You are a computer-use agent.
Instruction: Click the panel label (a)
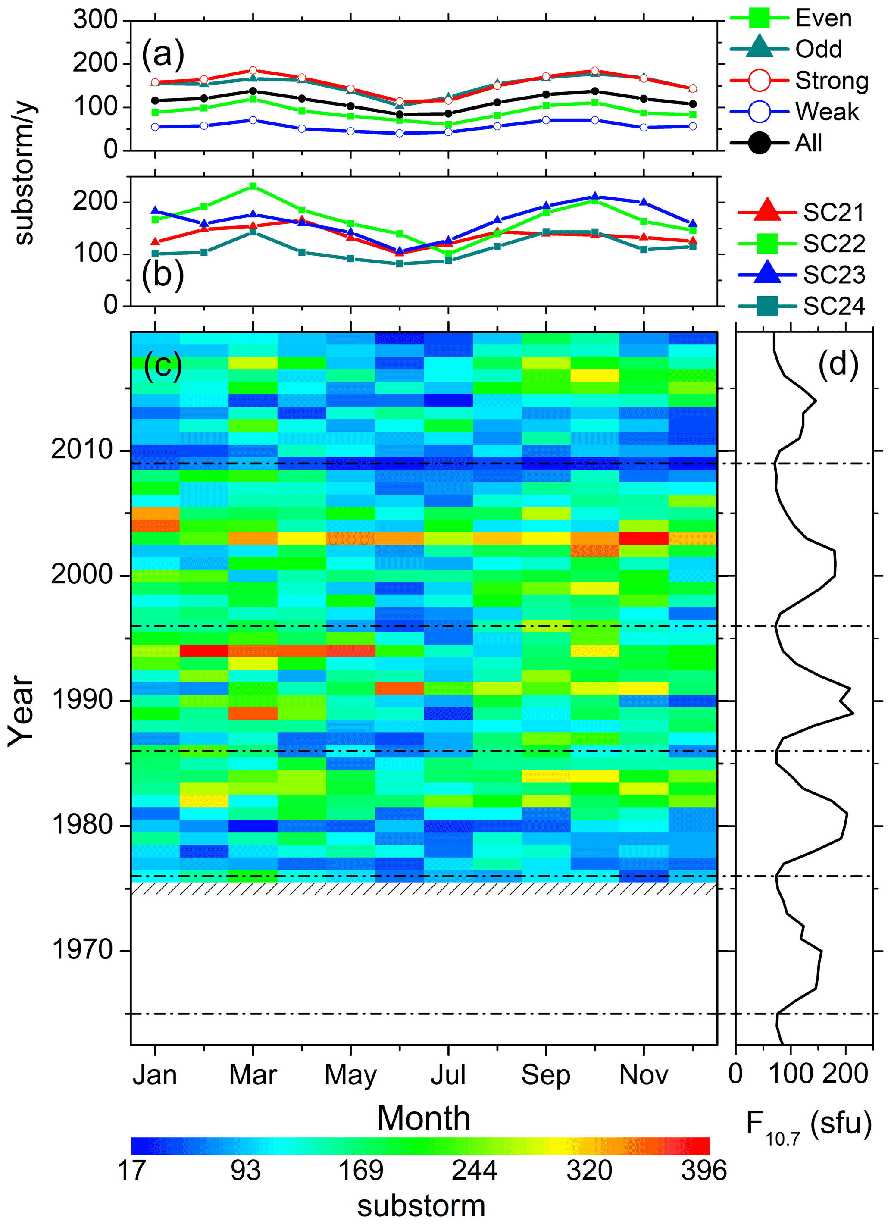click(163, 54)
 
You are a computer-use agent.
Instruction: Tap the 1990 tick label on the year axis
click(82, 700)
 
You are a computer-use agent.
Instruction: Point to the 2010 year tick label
click(82, 450)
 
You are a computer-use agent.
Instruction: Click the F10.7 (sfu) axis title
click(808, 1125)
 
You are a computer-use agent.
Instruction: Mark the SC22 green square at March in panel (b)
click(253, 187)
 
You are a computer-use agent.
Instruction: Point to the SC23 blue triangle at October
click(595, 197)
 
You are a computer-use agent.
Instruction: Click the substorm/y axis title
click(24, 173)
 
